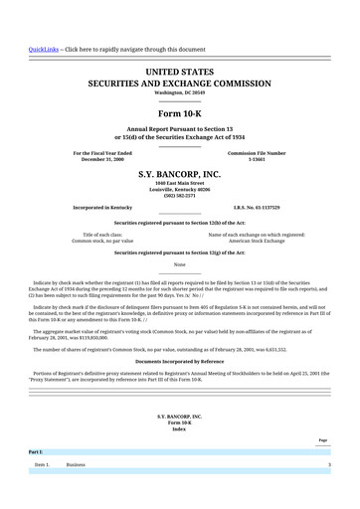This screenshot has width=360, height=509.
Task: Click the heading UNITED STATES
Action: coord(179,73)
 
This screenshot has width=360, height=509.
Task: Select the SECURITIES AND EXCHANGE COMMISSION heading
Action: coord(179,85)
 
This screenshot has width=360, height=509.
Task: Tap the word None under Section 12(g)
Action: coord(179,264)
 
